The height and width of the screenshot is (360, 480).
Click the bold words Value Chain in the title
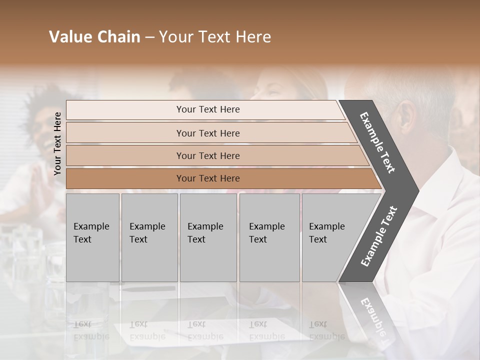click(94, 37)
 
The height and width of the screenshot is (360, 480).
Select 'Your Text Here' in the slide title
click(215, 37)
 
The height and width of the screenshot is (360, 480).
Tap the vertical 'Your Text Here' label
click(57, 143)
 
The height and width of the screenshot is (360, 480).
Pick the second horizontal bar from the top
click(208, 133)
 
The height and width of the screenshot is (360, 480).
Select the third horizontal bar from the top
click(208, 155)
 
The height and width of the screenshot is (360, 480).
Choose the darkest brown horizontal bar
click(208, 178)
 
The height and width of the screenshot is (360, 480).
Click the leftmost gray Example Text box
click(92, 237)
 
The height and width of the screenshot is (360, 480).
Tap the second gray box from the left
click(149, 237)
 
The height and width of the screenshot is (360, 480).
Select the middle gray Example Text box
click(208, 237)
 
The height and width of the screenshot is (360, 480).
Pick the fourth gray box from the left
click(269, 237)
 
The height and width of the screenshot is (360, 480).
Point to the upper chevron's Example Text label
click(377, 142)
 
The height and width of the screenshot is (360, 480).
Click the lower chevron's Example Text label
click(378, 236)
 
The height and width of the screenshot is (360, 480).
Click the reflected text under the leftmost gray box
click(91, 330)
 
